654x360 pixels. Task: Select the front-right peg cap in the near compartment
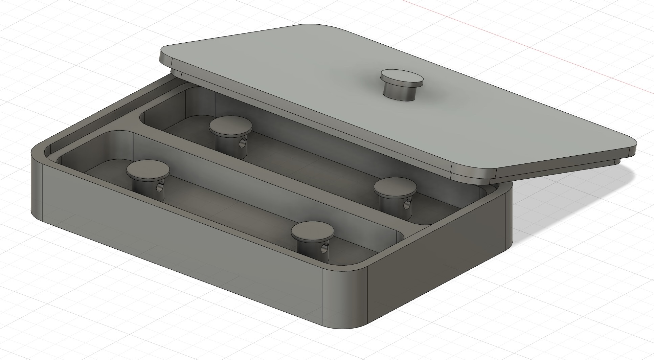coord(312,231)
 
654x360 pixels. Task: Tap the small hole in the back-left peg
coord(243,143)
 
